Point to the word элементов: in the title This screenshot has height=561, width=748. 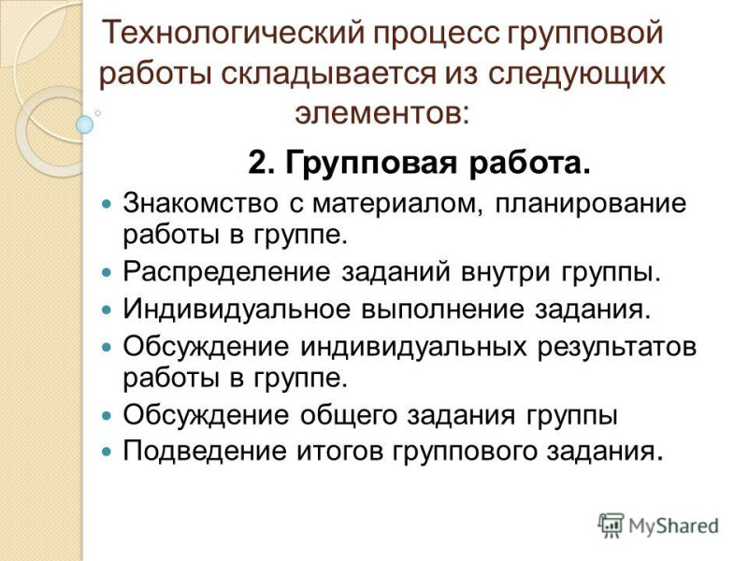tap(382, 113)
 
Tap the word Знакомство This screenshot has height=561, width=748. tap(200, 203)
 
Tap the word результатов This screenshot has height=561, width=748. tap(617, 348)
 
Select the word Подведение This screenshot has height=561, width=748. tap(204, 451)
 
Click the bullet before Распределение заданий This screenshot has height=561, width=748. tap(107, 274)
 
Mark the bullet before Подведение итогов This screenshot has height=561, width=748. tap(107, 452)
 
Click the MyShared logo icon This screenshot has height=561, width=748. tap(611, 525)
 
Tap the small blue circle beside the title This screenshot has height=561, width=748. tap(85, 124)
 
